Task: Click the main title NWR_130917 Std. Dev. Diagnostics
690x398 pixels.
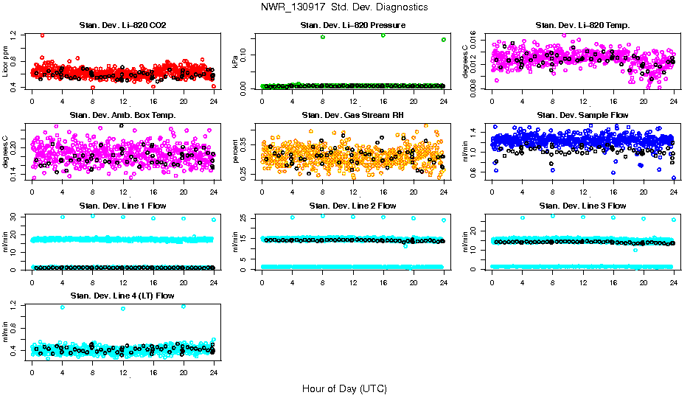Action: (x=344, y=7)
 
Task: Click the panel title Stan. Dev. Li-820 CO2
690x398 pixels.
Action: (x=122, y=26)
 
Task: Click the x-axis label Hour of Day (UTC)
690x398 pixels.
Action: (x=344, y=388)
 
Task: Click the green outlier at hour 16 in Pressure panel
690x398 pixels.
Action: (x=383, y=35)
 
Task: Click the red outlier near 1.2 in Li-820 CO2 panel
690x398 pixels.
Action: (x=42, y=35)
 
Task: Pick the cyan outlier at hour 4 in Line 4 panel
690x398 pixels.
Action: (x=63, y=307)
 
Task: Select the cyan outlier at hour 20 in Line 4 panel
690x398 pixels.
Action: (x=184, y=307)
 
